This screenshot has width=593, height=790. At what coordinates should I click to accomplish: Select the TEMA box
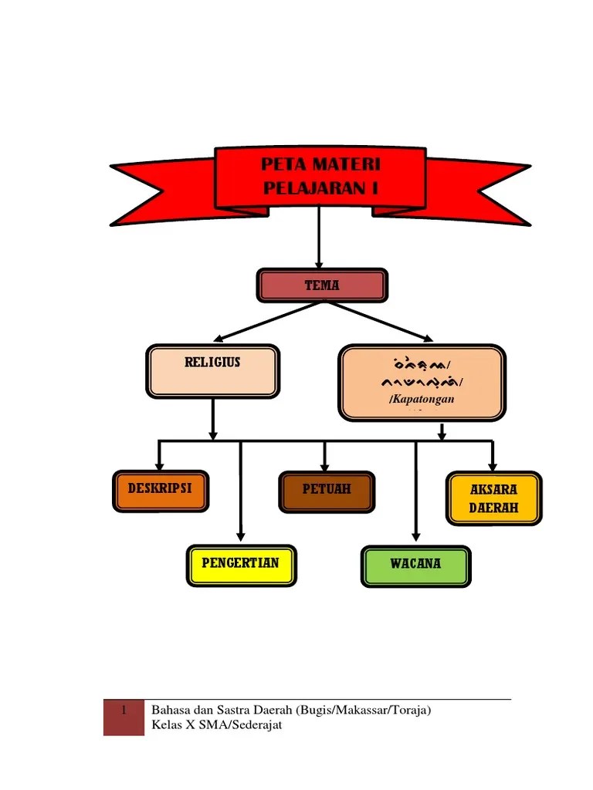pos(321,285)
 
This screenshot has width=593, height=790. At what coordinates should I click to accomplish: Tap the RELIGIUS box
pos(212,371)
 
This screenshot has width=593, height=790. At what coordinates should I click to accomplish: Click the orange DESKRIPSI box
pos(161,491)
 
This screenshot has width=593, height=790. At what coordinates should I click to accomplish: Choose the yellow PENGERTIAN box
pos(241,565)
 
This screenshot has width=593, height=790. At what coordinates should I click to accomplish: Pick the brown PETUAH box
pos(327,491)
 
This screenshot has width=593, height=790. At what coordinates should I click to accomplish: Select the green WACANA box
pos(415,566)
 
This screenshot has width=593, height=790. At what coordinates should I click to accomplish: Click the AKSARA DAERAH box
pos(494,498)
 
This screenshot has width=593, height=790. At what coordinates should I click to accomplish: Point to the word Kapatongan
pos(422,399)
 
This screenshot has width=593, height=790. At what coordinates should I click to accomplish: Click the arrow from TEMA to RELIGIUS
pos(266,319)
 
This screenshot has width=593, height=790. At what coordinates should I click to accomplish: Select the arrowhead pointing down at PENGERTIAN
pos(241,535)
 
